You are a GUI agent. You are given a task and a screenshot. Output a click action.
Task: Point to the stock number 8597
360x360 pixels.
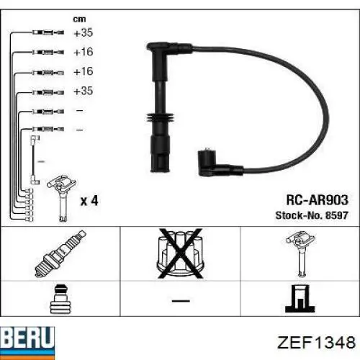point(335,215)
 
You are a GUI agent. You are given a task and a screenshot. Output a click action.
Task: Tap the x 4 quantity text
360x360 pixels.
point(89,201)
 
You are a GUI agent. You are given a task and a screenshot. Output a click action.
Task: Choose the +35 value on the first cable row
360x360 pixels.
point(84,33)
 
